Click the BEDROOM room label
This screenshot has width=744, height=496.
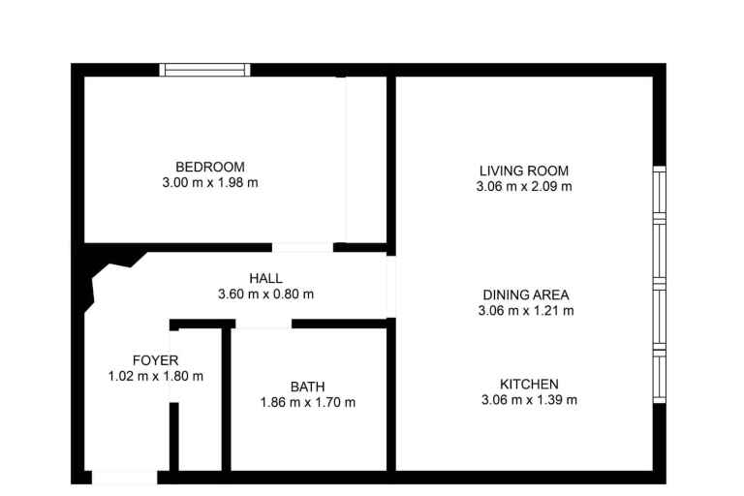pos(210,167)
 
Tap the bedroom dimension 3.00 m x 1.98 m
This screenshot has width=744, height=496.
pos(210,183)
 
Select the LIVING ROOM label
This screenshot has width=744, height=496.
pos(524,170)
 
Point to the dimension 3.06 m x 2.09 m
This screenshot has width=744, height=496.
pos(524,187)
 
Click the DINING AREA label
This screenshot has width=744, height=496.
pos(526,295)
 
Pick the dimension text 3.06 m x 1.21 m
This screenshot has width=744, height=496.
pos(526,311)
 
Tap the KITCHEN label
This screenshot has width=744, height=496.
pos(529,384)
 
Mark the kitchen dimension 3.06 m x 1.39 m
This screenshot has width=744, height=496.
pos(530,400)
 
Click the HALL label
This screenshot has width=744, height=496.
pos(265,278)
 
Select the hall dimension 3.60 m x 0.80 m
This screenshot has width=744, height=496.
pos(265,294)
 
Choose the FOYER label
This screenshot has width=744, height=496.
pos(156,360)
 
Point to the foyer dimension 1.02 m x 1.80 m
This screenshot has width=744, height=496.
pos(156,377)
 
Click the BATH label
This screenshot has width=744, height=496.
pos(307,387)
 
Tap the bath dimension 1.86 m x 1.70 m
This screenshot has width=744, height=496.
pos(308,402)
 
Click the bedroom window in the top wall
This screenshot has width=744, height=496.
pos(205,70)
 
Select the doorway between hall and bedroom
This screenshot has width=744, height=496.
pos(302,247)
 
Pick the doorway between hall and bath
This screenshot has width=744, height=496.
pos(263,324)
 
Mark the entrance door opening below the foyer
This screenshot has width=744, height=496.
pos(124,478)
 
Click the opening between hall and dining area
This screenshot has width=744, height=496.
pos(391,287)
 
